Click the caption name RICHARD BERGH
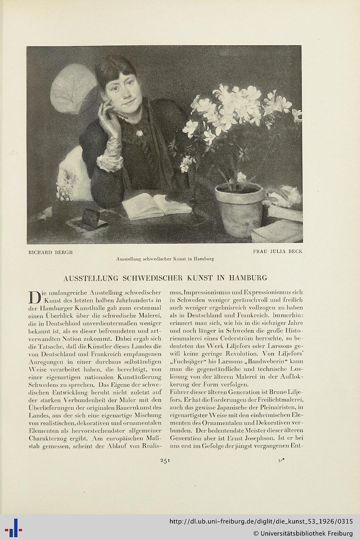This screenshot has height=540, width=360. [51, 252]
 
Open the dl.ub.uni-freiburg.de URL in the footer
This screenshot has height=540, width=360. [261, 522]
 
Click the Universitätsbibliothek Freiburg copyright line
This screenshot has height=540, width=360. [303, 533]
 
